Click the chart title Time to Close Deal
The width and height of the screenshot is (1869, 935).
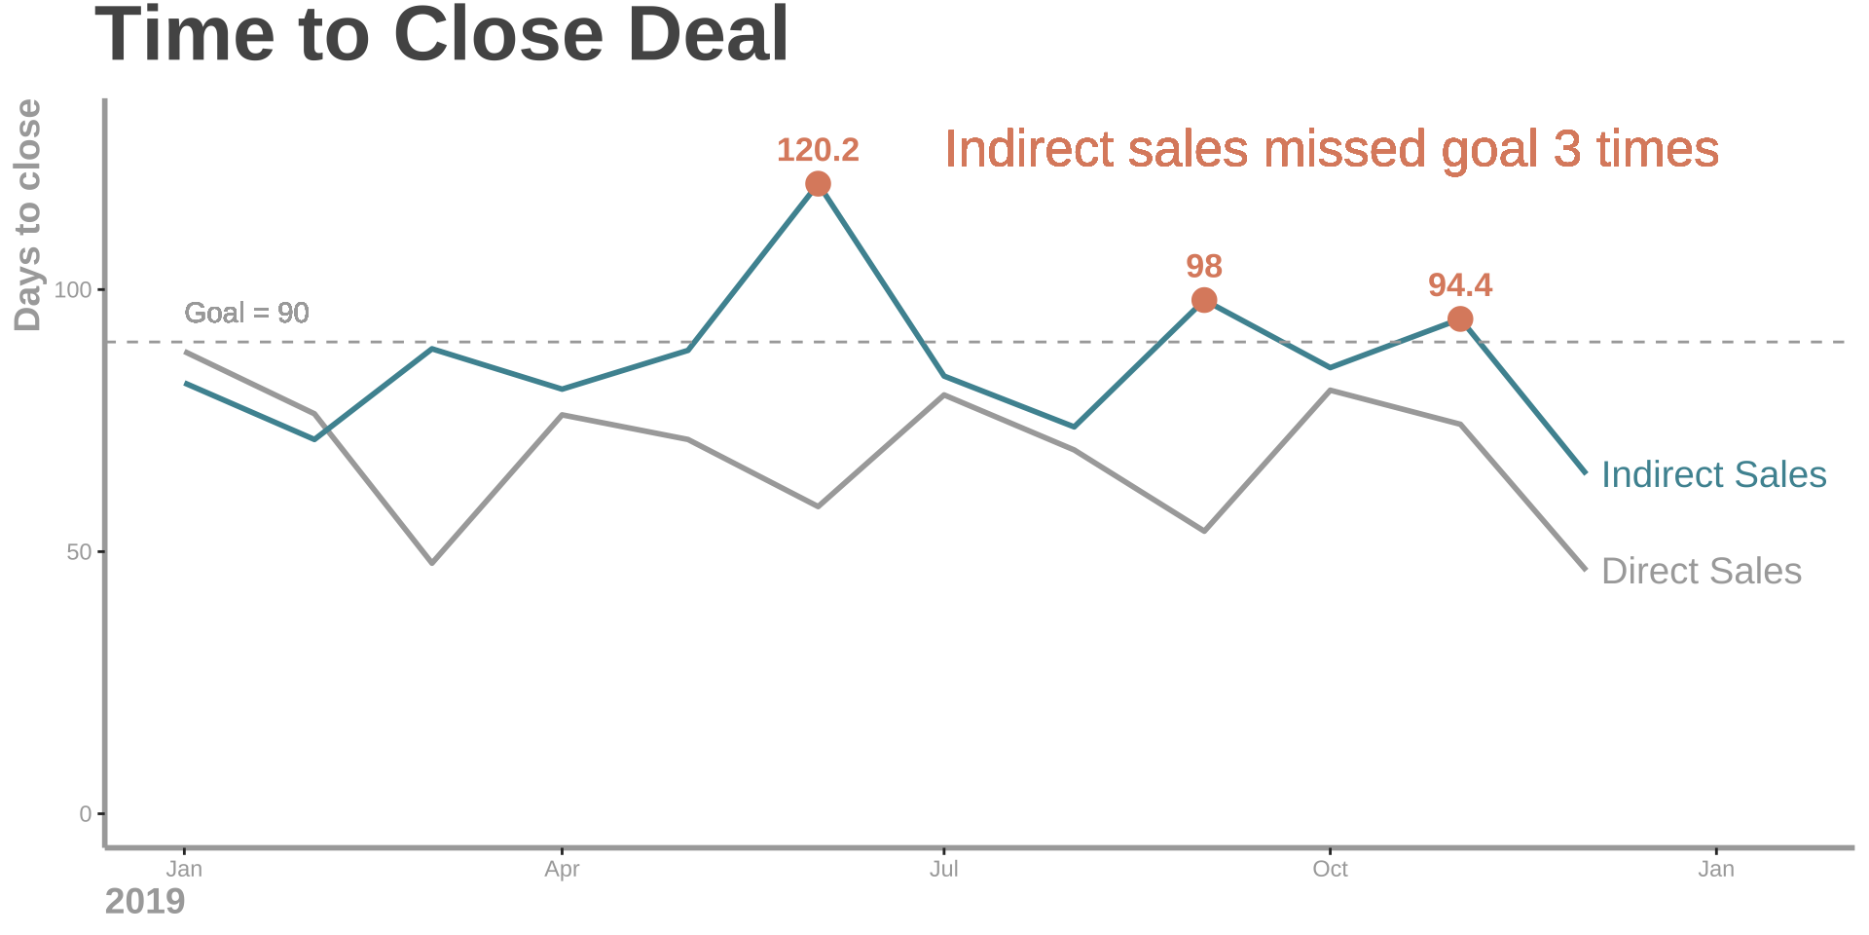click(441, 35)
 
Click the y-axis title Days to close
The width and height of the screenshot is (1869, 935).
click(27, 215)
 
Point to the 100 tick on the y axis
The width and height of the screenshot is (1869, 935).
click(72, 290)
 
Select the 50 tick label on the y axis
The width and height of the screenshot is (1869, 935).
click(78, 552)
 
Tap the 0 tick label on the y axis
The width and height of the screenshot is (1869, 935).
click(85, 814)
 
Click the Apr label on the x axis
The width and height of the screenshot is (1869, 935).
click(562, 870)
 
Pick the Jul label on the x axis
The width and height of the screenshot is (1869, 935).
click(943, 870)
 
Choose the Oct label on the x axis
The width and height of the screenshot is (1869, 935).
click(1330, 870)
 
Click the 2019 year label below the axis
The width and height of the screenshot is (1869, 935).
click(144, 902)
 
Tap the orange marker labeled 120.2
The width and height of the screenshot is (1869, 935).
click(818, 184)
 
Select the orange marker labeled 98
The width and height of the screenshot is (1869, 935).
click(1204, 300)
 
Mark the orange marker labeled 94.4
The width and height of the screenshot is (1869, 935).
click(1460, 319)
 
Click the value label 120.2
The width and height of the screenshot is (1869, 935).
click(818, 151)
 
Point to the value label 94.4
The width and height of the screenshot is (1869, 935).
click(1460, 285)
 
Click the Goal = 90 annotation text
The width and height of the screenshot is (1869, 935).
click(246, 313)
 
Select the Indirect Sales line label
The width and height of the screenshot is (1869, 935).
click(1713, 475)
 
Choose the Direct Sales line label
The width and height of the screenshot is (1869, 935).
click(1701, 572)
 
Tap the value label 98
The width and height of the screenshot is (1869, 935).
click(1204, 266)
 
